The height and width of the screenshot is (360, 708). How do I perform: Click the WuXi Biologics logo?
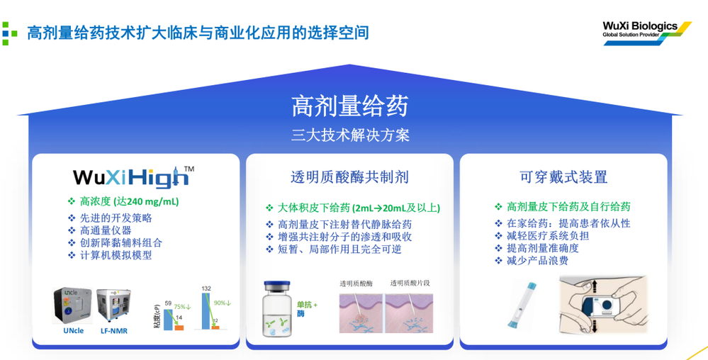click(x=646, y=33)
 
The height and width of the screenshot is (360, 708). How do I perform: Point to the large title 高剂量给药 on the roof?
click(x=349, y=106)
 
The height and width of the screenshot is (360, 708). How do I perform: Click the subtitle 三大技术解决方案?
click(x=349, y=135)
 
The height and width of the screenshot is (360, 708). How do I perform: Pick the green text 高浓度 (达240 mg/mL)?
click(x=129, y=201)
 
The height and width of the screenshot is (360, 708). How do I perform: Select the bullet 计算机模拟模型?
click(x=116, y=255)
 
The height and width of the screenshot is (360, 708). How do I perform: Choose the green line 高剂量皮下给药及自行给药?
click(x=568, y=207)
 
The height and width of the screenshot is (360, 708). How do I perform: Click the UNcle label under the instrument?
click(x=74, y=330)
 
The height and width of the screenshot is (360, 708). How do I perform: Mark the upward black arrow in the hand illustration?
click(x=594, y=285)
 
